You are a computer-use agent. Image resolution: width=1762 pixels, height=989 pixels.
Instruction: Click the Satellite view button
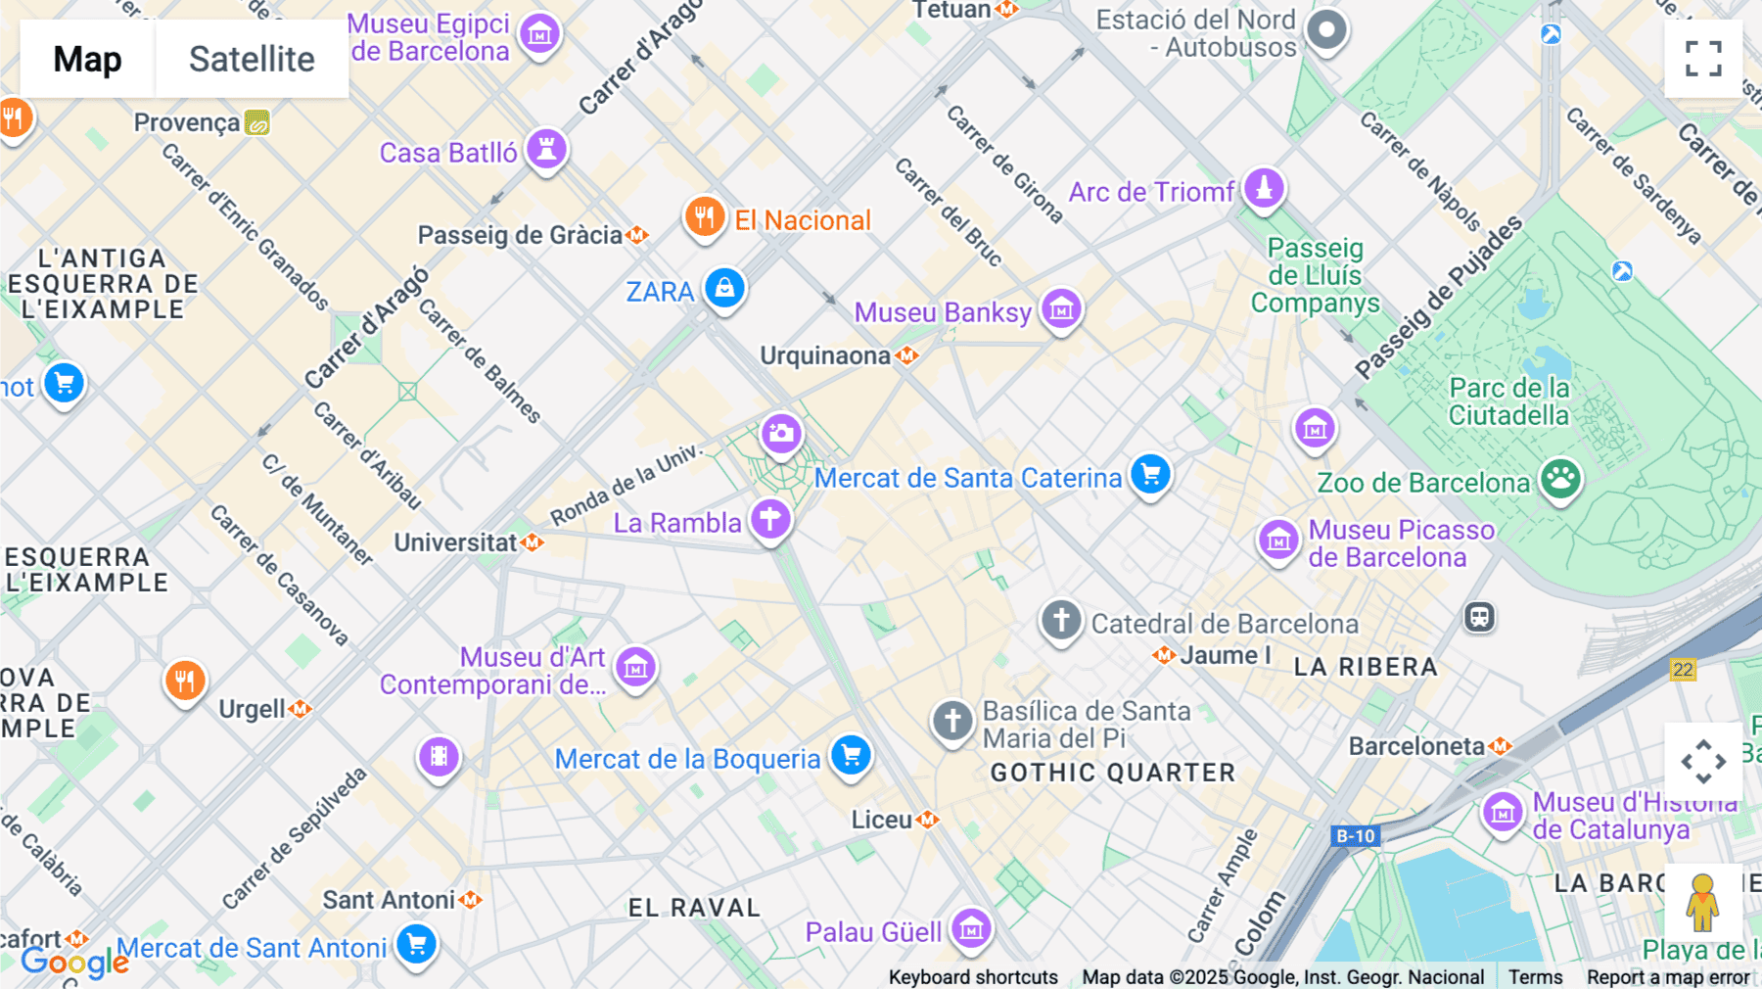252,59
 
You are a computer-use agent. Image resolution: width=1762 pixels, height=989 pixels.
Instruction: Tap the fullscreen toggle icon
1703,59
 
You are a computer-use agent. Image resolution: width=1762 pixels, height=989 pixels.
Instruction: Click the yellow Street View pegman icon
1702,903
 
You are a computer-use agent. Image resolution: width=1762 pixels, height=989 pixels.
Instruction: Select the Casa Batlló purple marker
546,150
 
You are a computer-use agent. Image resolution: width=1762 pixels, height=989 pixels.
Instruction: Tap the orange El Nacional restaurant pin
704,216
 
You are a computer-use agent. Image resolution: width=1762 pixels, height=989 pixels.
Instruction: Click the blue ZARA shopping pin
724,289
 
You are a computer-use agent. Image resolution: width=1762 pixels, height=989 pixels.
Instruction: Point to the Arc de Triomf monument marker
1264,188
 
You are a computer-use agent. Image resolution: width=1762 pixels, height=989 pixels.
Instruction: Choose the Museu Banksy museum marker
1061,310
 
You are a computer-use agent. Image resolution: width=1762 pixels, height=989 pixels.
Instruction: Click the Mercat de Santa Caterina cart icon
1150,475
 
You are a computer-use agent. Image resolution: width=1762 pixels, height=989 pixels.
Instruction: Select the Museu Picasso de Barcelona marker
1278,540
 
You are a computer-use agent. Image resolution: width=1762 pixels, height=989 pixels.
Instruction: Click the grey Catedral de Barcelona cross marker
1061,620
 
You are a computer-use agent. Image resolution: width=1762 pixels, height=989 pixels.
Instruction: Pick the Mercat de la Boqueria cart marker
851,756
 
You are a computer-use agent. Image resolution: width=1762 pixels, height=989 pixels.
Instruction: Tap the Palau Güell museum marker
971,928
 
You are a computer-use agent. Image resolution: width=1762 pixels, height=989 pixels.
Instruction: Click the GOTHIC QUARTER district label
1113,773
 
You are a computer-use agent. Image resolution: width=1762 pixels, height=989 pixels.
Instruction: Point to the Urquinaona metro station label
825,355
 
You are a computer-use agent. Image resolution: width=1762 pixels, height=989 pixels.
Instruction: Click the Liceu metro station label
882,820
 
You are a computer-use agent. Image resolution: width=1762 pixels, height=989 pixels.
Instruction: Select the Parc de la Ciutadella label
1508,401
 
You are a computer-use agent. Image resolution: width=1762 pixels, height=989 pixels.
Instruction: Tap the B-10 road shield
1356,835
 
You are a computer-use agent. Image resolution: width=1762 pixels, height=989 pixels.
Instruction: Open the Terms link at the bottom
1535,977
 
